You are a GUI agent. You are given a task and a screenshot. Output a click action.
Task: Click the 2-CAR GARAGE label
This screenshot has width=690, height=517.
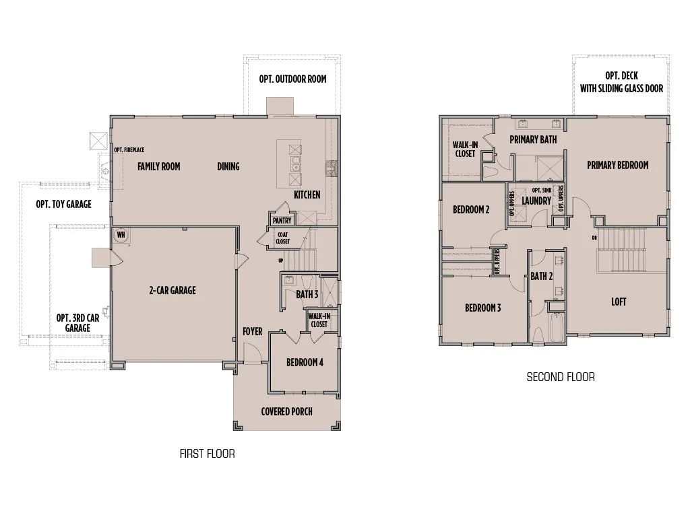[x=172, y=290]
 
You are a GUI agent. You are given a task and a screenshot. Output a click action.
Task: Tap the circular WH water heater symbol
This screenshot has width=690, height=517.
[x=121, y=235]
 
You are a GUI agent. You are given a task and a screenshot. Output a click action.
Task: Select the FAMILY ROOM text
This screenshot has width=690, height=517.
[x=159, y=166]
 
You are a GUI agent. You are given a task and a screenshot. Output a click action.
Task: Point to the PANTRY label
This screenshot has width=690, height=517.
[x=281, y=220]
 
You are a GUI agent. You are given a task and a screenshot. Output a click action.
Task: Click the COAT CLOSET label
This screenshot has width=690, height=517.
[x=282, y=237]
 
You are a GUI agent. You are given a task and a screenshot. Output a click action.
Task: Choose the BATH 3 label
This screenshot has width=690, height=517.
[x=307, y=294]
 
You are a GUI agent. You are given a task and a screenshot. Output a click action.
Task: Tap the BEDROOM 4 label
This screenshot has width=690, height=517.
[x=305, y=362]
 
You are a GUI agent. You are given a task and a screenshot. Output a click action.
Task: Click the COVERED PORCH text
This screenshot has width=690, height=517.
[x=287, y=411]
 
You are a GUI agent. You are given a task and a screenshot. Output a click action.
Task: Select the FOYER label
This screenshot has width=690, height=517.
[x=253, y=331]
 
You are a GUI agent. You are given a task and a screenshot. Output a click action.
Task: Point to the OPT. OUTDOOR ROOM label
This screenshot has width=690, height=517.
[x=292, y=79]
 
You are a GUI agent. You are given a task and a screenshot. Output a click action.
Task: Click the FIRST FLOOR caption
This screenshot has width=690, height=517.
[x=207, y=454]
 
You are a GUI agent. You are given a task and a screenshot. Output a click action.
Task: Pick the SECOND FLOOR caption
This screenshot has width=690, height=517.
[x=561, y=377]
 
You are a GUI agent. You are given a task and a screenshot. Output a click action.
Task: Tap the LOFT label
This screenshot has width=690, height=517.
[x=619, y=302]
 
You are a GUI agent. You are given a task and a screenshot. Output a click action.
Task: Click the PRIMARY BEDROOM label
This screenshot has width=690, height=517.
[x=617, y=165]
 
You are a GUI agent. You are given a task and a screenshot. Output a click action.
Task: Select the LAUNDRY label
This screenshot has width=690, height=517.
[x=536, y=201]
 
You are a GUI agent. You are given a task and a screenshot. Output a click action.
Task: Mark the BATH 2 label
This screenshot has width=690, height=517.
[x=541, y=276]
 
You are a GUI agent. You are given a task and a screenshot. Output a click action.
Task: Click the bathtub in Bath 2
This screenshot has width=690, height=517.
[x=556, y=326]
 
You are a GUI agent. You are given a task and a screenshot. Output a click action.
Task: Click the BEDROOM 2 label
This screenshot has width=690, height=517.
[x=471, y=209]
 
